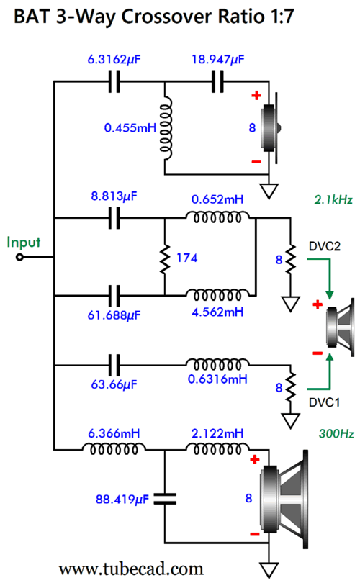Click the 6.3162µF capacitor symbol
[114, 82]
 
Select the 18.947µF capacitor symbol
[217, 82]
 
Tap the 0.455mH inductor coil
[166, 128]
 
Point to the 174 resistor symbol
[164, 258]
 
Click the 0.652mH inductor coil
[217, 217]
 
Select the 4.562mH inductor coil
[217, 295]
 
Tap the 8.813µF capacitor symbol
[114, 218]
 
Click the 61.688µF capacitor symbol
[114, 296]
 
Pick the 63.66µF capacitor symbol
[114, 365]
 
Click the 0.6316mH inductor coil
[217, 364]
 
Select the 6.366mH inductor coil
[114, 449]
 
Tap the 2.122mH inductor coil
[217, 449]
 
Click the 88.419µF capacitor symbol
[165, 499]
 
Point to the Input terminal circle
[19, 256]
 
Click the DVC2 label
[324, 246]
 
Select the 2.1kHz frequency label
[333, 200]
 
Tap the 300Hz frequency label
[336, 433]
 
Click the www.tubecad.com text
[131, 569]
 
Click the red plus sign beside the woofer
[255, 459]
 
